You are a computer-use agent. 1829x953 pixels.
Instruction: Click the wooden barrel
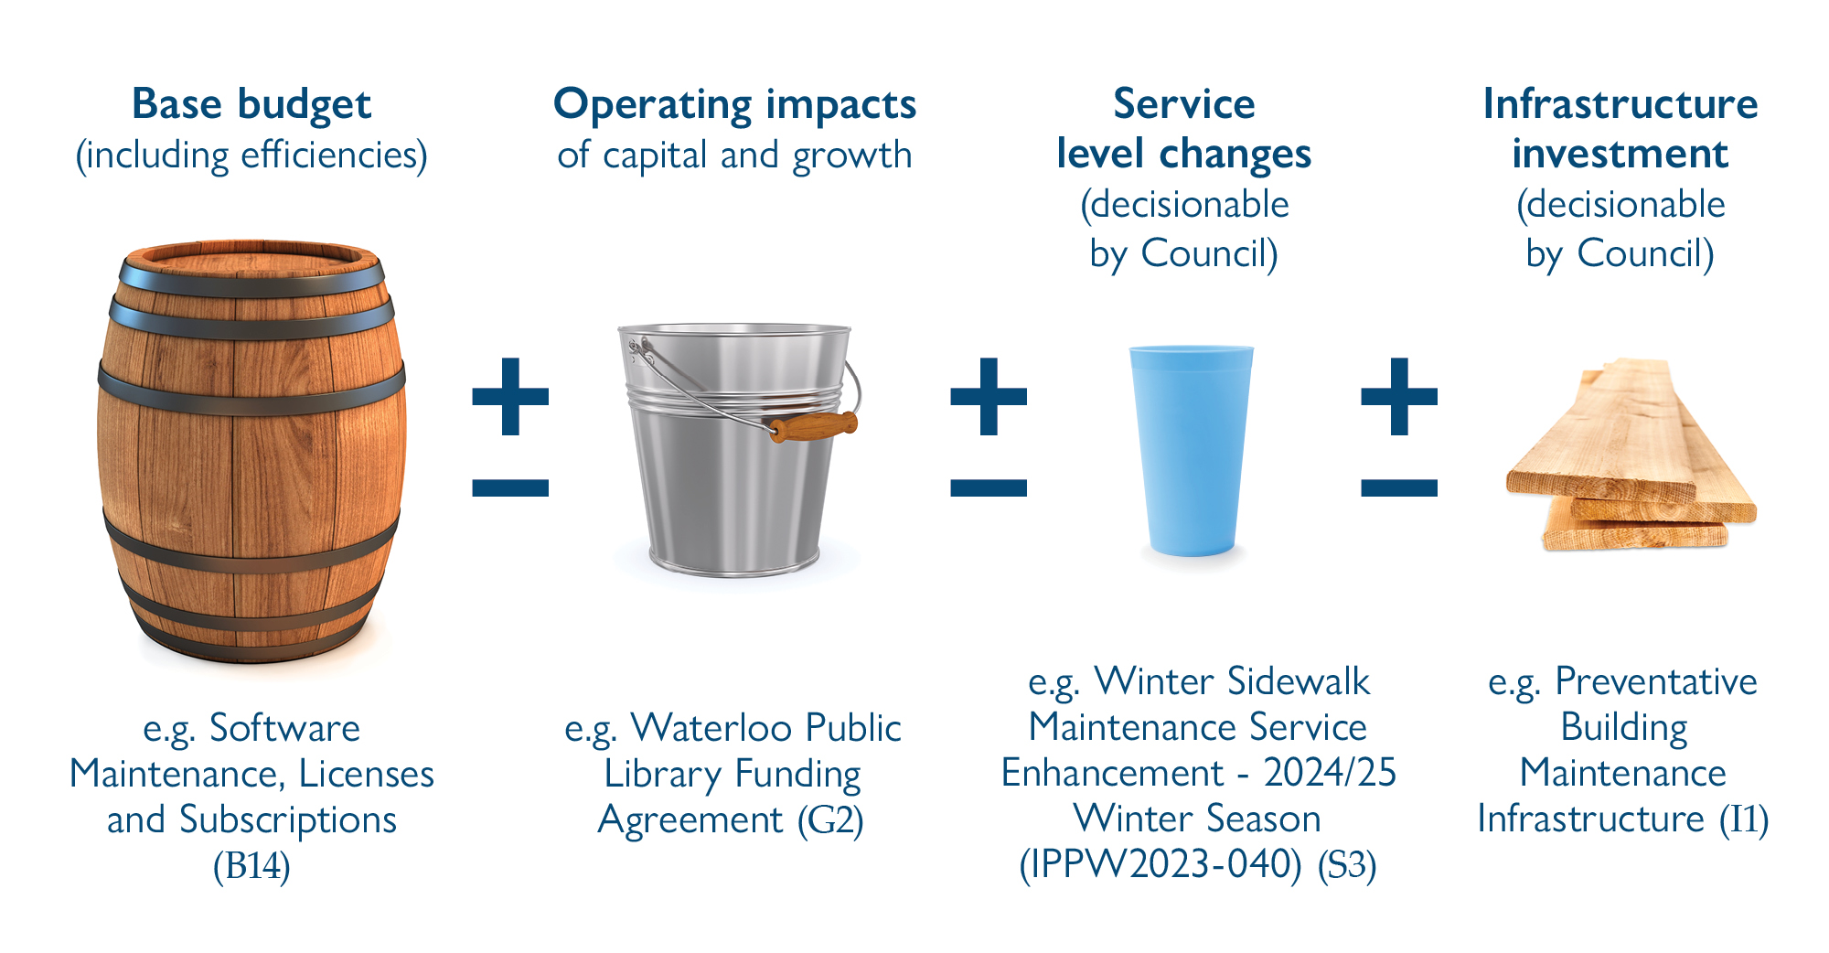(251, 452)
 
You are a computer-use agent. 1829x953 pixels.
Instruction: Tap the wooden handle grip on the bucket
(813, 426)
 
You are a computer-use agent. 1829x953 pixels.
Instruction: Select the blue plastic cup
(1192, 451)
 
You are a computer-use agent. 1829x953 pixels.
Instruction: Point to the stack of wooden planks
(1631, 455)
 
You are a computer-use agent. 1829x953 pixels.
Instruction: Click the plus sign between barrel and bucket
(510, 396)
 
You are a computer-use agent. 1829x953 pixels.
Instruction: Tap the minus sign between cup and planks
(1399, 488)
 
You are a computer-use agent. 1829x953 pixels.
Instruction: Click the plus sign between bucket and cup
(989, 396)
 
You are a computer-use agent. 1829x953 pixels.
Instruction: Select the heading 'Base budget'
(251, 104)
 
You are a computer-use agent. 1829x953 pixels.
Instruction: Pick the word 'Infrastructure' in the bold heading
(1620, 103)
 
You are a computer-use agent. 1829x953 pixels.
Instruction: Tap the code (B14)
(251, 865)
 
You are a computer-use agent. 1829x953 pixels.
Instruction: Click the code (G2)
(830, 819)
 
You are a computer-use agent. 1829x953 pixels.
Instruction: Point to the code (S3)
(1347, 864)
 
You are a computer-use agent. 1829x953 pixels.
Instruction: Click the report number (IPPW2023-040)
(1161, 864)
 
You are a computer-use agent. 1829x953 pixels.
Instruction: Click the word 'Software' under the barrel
(284, 728)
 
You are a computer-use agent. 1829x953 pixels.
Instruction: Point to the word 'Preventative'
(1656, 681)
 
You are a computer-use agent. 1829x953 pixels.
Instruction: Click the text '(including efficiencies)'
(251, 155)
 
